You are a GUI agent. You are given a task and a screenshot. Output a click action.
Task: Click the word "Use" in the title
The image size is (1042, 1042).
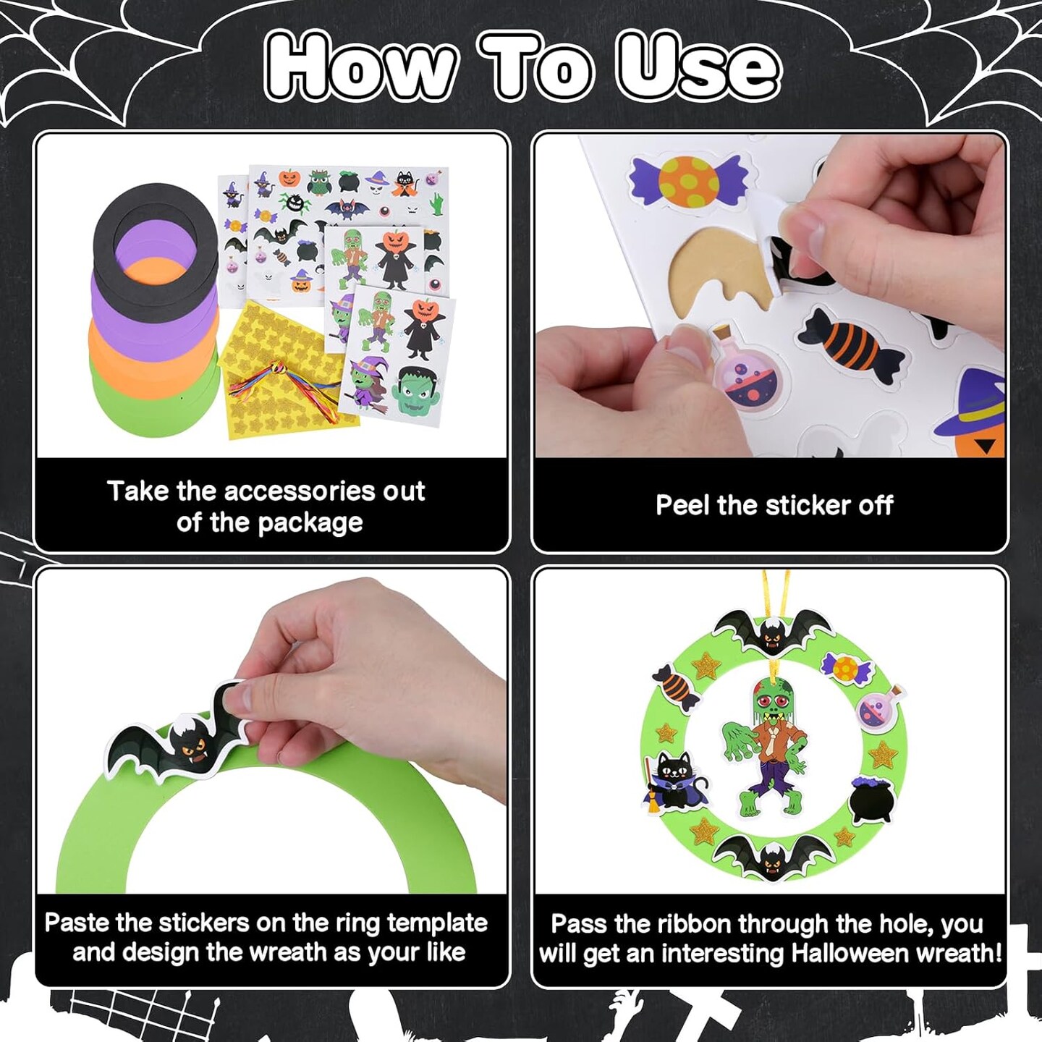click(698, 67)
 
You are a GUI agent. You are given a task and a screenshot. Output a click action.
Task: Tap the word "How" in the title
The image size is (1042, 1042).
click(362, 67)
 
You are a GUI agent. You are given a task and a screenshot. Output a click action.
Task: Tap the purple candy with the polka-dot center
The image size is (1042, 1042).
click(687, 181)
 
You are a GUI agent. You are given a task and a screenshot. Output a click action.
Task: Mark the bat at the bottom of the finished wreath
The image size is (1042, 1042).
click(771, 857)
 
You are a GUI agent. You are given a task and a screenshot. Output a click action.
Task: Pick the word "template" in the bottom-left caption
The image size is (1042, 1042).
click(437, 923)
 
